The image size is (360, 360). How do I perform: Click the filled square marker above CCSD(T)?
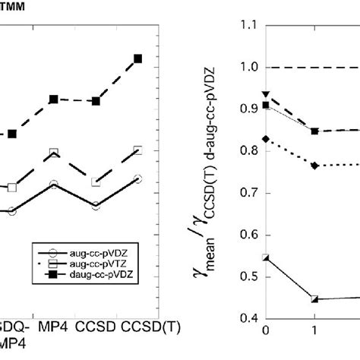(x=137, y=58)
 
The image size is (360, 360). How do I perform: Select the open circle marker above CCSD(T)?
(x=137, y=178)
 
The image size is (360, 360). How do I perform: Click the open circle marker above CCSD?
(x=96, y=206)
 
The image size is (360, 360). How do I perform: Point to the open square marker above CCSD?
(x=96, y=182)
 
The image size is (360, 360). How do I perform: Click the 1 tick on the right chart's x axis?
(x=315, y=331)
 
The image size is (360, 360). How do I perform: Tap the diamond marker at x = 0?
(x=265, y=139)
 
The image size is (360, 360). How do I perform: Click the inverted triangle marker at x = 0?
(x=265, y=94)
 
